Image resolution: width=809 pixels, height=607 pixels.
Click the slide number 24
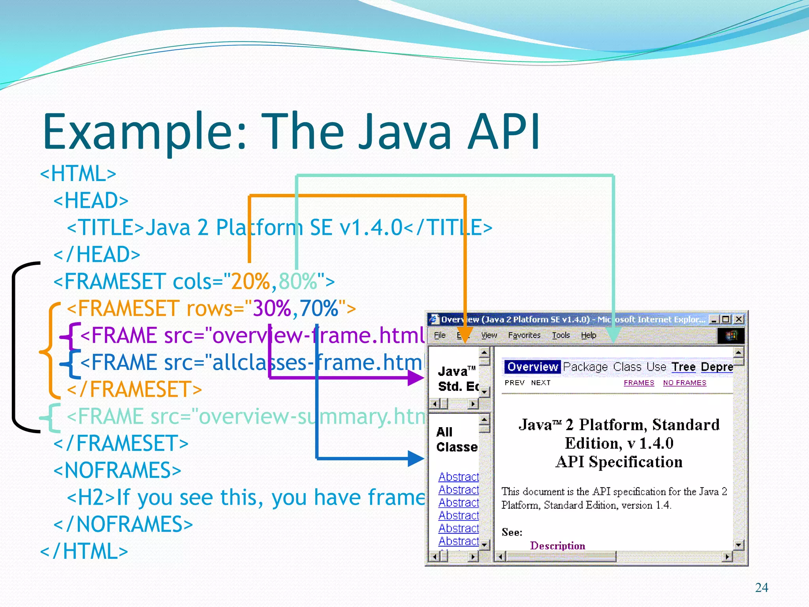761,588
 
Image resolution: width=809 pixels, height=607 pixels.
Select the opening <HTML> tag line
78,173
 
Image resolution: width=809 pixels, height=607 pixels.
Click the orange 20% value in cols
250,281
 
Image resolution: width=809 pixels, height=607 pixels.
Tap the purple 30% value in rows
272,308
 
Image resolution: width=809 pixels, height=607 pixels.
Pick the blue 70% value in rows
318,308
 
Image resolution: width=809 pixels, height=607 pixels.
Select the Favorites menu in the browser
524,336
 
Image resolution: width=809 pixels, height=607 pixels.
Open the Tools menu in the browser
561,336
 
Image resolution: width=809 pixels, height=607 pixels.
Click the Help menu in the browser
589,336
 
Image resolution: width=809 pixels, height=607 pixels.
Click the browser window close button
739,319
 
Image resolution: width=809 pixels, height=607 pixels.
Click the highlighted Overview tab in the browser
532,367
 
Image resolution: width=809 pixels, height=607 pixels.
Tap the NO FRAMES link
685,383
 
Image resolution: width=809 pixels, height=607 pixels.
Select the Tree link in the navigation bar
683,367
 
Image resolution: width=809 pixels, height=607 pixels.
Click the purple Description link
557,546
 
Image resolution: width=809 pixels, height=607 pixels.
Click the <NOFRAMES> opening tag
117,470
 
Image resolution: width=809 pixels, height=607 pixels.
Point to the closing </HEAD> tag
97,254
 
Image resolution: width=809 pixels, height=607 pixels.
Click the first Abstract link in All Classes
458,477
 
